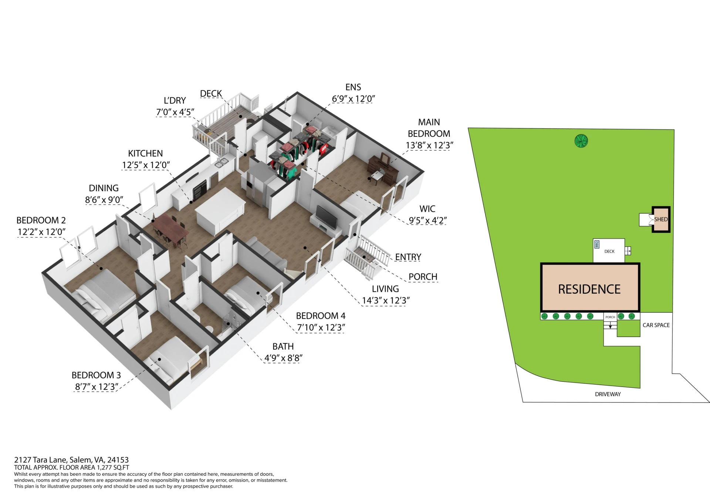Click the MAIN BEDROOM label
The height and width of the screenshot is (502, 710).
(429, 128)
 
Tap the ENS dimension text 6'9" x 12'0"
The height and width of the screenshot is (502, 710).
(353, 99)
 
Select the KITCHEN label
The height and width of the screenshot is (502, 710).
(145, 154)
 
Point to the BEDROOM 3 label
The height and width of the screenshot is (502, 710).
(96, 375)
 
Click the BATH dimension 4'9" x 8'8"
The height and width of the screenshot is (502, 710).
(283, 358)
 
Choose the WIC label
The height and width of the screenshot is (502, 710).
(427, 209)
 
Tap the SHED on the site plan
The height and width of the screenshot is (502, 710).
(661, 219)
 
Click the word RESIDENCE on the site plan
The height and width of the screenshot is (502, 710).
(589, 289)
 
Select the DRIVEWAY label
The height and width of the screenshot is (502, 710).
(608, 394)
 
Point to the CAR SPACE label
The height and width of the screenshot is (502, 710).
(656, 325)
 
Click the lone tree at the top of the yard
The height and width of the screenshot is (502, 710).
(581, 141)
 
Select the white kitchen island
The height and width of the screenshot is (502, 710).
(220, 211)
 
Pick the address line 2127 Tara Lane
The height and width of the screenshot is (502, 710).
(71, 460)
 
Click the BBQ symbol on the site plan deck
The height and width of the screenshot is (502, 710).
(597, 244)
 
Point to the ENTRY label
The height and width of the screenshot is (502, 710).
(408, 257)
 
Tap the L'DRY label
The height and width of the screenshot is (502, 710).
(175, 101)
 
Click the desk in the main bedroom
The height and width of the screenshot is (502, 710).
(384, 170)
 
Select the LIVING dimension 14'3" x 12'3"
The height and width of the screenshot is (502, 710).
(386, 301)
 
